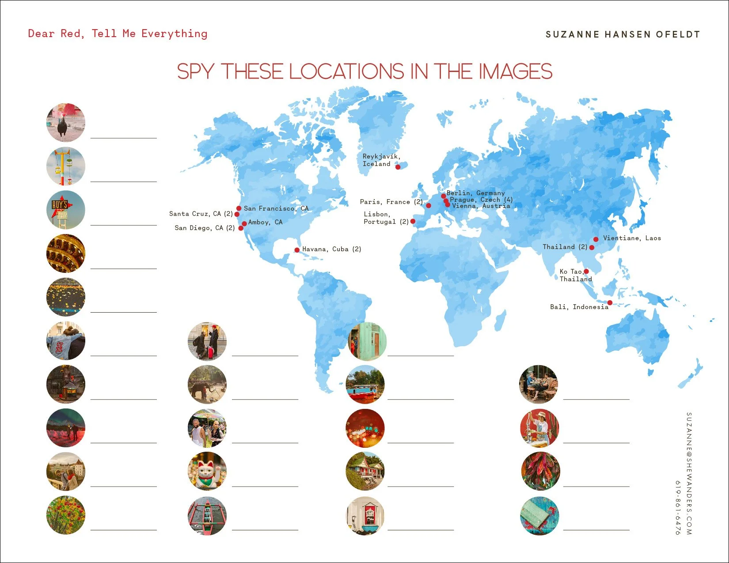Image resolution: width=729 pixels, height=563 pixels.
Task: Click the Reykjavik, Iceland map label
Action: [381, 160]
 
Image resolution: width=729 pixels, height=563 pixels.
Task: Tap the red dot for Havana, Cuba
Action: [297, 250]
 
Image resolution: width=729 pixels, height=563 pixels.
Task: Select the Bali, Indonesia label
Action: [579, 307]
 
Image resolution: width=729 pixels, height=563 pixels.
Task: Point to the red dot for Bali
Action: [610, 303]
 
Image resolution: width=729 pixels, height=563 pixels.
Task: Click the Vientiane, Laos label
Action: [632, 238]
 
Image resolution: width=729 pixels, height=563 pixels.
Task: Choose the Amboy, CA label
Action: [265, 222]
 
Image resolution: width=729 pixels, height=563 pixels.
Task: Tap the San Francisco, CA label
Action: [276, 208]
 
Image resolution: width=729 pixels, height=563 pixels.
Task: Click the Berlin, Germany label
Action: [475, 193]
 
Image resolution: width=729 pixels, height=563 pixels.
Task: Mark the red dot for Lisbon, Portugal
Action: [413, 221]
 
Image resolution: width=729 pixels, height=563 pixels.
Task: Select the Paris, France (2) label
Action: [391, 202]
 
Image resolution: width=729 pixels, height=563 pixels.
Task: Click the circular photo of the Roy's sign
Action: [65, 210]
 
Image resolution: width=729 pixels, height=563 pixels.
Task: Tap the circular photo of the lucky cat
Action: [207, 471]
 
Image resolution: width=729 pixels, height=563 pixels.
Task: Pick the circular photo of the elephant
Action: [207, 384]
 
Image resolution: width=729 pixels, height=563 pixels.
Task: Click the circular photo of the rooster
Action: [65, 122]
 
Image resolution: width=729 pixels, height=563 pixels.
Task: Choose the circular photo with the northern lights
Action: [65, 428]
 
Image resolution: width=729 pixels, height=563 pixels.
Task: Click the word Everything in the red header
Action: [174, 34]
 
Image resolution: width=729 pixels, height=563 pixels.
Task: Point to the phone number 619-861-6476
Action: [678, 508]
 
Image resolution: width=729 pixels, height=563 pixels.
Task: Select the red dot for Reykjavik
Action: [398, 167]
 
